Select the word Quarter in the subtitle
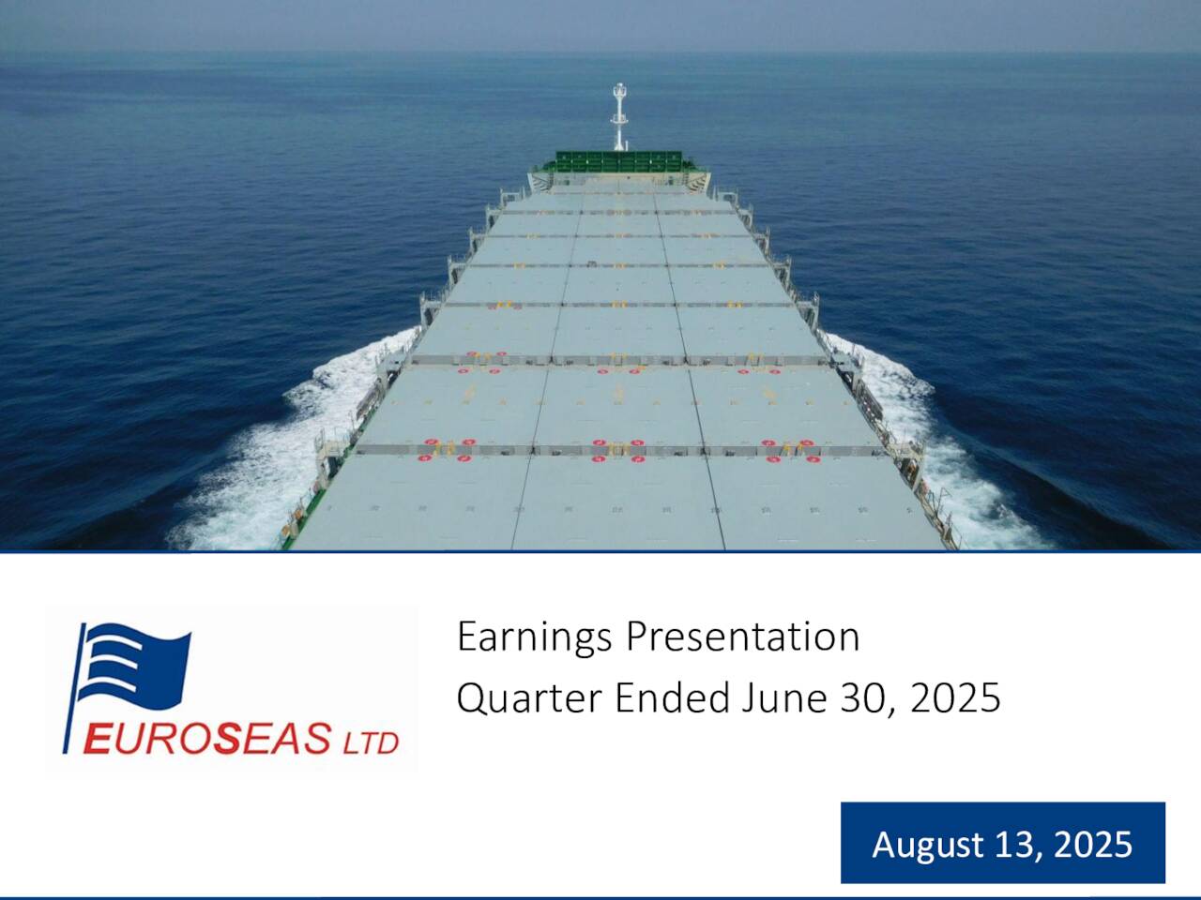528,699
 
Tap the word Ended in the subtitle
672,698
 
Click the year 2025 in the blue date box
1094,845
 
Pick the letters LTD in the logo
370,742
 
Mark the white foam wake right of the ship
929,441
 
